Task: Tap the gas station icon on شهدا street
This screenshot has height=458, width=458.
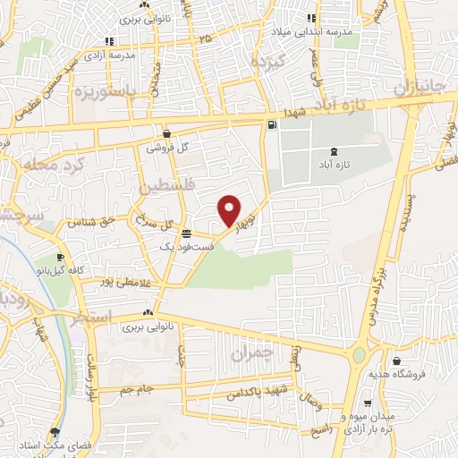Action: pyautogui.click(x=272, y=126)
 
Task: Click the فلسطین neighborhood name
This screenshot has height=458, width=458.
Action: pyautogui.click(x=163, y=187)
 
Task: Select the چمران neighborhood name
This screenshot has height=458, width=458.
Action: pyautogui.click(x=250, y=354)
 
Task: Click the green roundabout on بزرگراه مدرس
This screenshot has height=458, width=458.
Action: pyautogui.click(x=360, y=355)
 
